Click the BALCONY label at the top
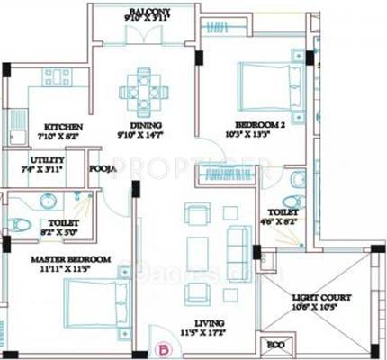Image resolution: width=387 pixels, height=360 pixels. pyautogui.click(x=148, y=7)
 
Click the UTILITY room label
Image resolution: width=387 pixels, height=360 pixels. pyautogui.click(x=35, y=160)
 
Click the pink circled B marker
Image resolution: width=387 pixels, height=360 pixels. pyautogui.click(x=164, y=345)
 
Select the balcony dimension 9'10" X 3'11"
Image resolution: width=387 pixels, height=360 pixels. pyautogui.click(x=148, y=17)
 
